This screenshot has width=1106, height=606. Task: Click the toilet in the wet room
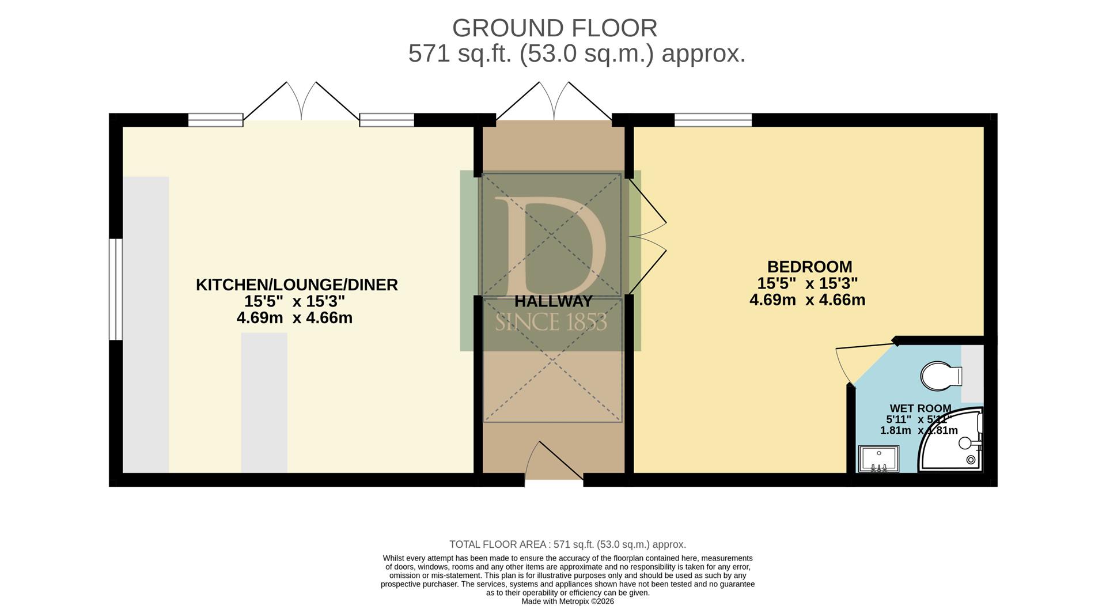[x=941, y=377]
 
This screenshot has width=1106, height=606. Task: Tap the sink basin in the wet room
[x=878, y=459]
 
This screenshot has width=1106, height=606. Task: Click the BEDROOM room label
[x=809, y=267]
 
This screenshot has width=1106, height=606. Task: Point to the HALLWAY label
[x=553, y=301]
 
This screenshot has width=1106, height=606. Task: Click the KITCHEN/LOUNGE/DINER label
[x=297, y=285]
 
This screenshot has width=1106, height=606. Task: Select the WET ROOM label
[x=921, y=408]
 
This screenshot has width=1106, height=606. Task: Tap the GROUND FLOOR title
[x=554, y=28]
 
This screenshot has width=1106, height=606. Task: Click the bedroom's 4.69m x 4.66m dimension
[x=807, y=300]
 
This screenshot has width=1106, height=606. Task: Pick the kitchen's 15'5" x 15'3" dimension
[x=294, y=301]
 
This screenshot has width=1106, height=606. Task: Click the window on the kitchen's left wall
[x=116, y=289]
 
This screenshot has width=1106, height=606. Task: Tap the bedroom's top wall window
[x=713, y=120]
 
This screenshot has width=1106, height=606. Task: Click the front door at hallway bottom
[x=554, y=461]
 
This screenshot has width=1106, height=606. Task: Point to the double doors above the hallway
[x=554, y=101]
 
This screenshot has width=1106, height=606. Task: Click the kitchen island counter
[x=264, y=403]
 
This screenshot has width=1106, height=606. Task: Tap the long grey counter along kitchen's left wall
[x=146, y=325]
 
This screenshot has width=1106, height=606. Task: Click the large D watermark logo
[x=550, y=247]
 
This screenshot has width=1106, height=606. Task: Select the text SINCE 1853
[x=551, y=322]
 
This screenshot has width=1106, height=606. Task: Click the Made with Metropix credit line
[x=567, y=601]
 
